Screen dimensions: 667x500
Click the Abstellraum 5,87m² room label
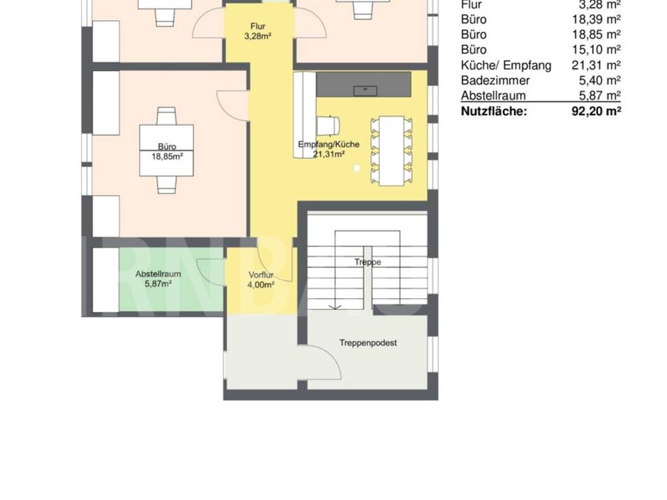158,279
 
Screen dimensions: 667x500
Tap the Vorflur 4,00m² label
261,280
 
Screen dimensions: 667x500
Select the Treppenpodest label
368,342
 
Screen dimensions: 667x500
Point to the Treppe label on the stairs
367,262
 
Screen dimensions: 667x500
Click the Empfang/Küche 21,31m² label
329,149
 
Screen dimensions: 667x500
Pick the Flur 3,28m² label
258,31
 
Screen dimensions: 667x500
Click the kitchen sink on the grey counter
365,90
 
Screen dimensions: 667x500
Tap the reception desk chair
328,125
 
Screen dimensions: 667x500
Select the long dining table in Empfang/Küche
391,150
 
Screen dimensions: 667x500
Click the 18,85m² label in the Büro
167,156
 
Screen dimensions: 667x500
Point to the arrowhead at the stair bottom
335,307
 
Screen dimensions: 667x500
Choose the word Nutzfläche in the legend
494,111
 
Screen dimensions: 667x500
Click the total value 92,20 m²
596,111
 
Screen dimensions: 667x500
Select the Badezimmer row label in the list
495,80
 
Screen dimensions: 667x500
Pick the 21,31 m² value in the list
596,65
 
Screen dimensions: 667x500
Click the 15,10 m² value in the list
596,49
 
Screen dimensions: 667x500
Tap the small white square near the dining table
356,168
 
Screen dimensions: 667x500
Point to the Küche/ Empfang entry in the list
506,66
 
